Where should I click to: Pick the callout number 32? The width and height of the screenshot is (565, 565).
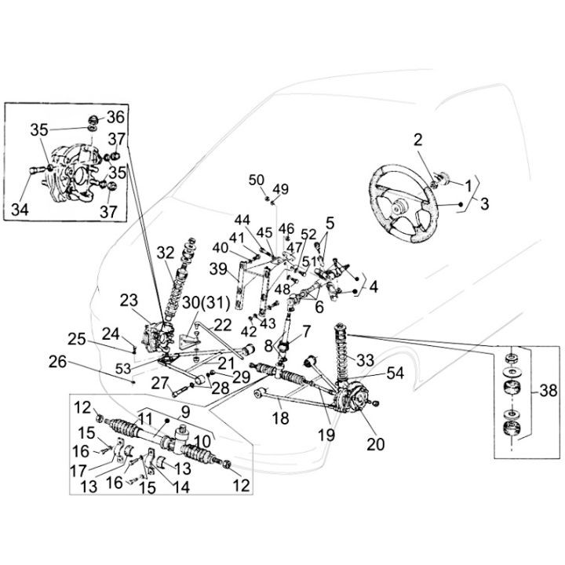tap(165, 253)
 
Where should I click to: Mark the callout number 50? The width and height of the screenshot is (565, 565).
tap(256, 180)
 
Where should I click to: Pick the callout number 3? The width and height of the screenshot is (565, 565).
tap(484, 203)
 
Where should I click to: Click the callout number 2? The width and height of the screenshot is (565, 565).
tap(418, 140)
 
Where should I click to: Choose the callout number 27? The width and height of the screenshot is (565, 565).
tap(159, 383)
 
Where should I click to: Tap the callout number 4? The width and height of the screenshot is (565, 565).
tap(373, 287)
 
